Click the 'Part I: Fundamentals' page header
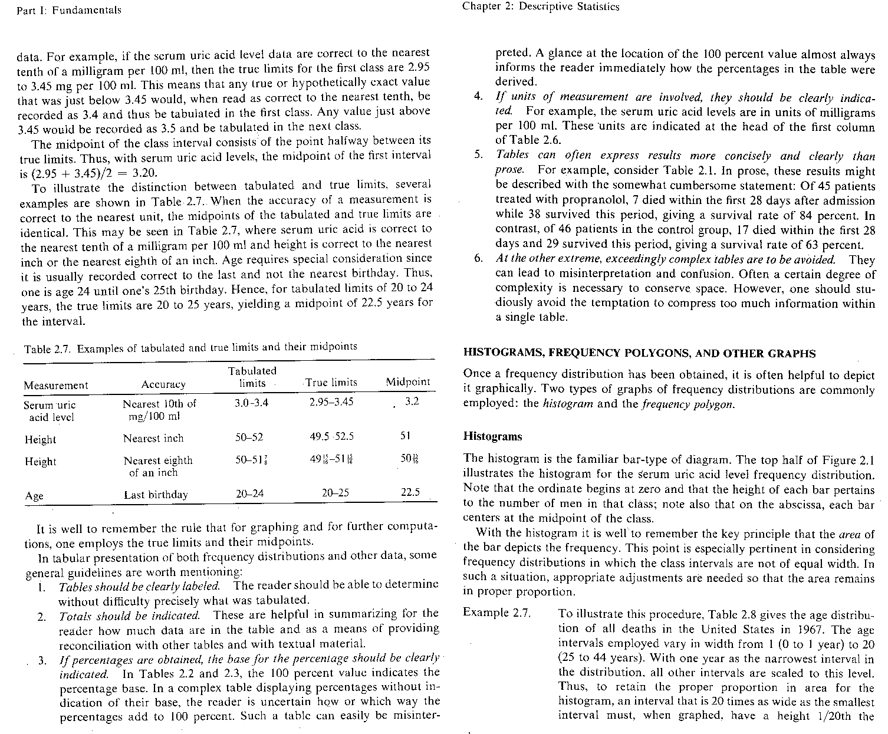coord(69,10)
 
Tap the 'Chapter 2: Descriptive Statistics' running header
coord(541,7)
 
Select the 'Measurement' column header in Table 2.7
coord(56,386)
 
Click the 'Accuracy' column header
coord(163,384)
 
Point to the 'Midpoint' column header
coord(408,382)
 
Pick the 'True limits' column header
coord(331,383)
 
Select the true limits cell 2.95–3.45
coord(331,402)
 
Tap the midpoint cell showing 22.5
coord(410,492)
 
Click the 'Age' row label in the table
coord(34,496)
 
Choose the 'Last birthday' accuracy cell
coord(156,495)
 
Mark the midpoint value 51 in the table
coord(404,436)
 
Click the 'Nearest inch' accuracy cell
coord(153,438)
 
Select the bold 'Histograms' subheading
coord(493,437)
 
